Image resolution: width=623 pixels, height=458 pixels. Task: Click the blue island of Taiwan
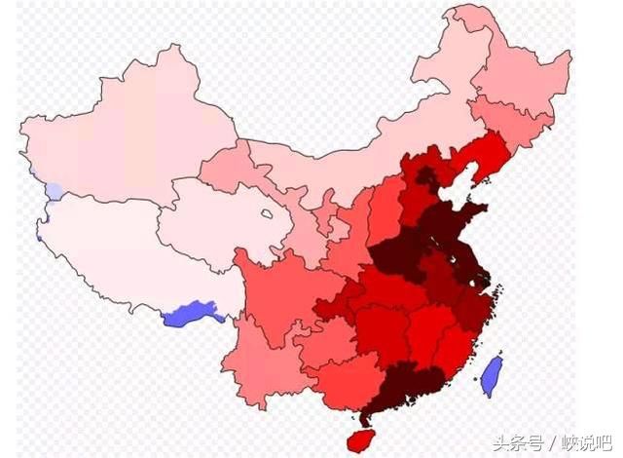[x=493, y=374]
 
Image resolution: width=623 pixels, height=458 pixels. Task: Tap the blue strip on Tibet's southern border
[x=191, y=316]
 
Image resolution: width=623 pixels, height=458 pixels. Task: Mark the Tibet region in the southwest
[x=117, y=253]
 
